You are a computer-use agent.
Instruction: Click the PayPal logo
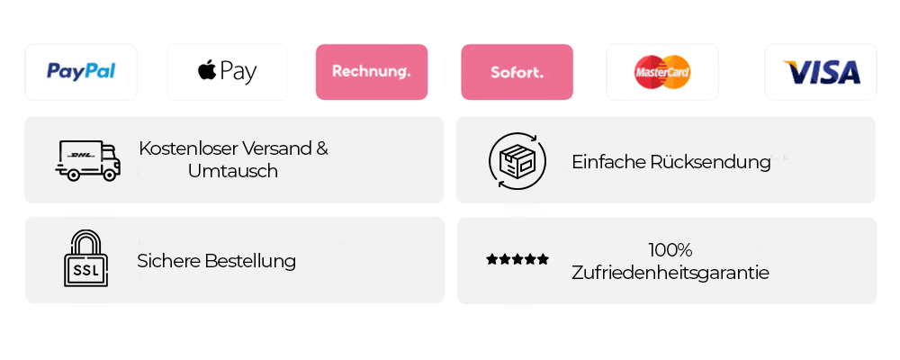81,72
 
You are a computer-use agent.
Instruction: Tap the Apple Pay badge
227,72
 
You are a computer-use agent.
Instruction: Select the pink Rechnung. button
372,71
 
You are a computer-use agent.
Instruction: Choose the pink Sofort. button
517,71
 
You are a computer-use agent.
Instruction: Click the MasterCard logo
662,72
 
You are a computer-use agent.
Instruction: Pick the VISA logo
821,72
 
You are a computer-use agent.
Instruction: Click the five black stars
517,259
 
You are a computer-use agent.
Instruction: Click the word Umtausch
233,170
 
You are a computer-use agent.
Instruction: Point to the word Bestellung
249,262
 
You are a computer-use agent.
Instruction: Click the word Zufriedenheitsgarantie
670,272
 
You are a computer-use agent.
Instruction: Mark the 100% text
670,249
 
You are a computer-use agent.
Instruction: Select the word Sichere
167,262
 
